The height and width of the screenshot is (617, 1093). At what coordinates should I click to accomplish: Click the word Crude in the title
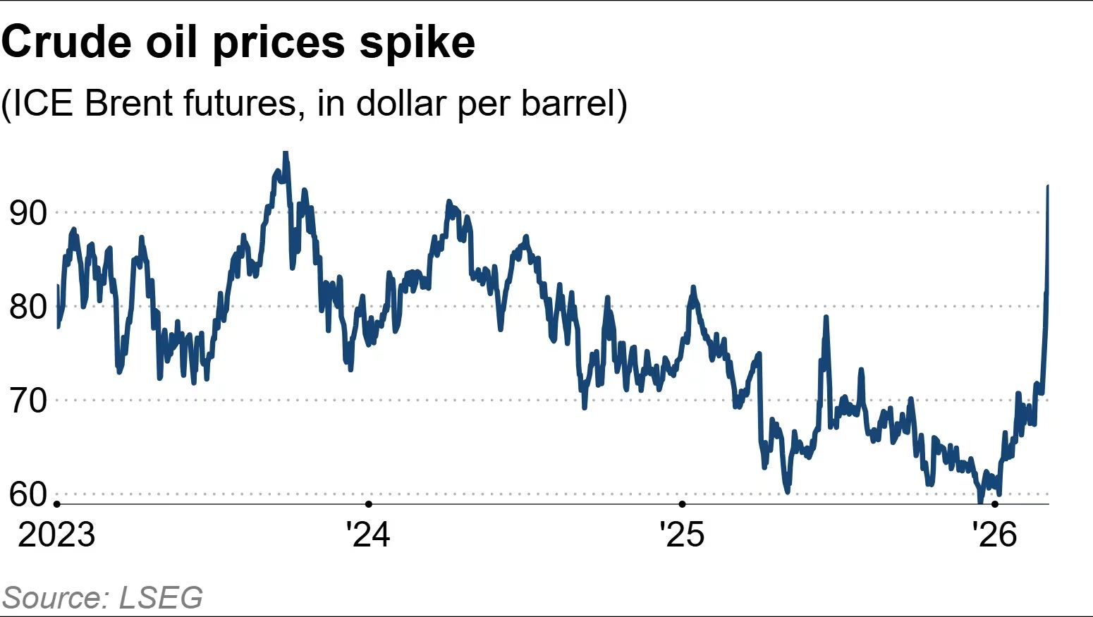(67, 42)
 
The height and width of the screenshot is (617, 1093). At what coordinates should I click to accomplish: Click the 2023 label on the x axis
(56, 534)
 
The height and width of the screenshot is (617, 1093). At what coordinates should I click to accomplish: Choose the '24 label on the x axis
(368, 534)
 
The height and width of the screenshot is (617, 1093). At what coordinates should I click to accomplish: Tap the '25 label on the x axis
(682, 534)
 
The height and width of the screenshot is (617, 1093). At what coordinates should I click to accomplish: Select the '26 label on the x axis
(995, 534)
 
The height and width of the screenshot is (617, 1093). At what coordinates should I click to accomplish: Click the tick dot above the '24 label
(369, 504)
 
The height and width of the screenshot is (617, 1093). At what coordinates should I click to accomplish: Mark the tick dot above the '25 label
(682, 504)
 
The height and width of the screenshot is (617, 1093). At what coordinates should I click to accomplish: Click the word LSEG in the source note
(161, 598)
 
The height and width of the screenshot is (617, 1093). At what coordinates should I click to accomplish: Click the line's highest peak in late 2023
(285, 153)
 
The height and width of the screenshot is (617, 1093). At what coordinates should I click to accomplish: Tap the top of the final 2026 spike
(1048, 186)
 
